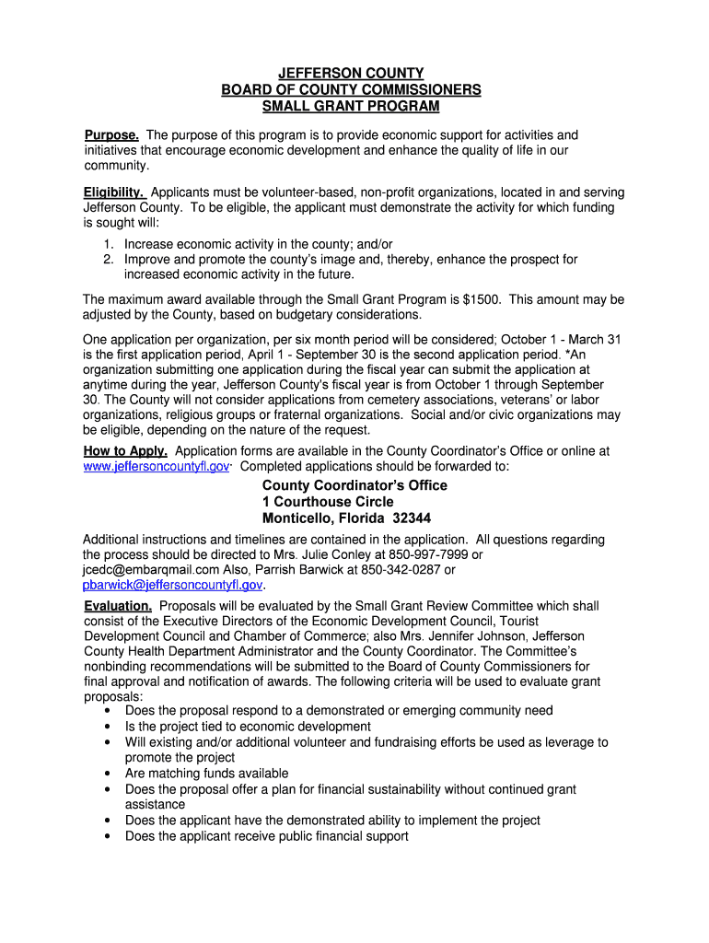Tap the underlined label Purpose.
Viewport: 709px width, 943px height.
[x=111, y=135]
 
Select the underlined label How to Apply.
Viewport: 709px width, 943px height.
[x=125, y=451]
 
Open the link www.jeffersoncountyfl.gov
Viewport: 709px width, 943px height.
[x=156, y=467]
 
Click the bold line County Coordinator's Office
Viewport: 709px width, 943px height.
[x=354, y=485]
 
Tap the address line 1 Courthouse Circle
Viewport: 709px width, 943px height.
[x=328, y=502]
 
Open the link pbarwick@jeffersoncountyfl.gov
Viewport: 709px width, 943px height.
[x=173, y=585]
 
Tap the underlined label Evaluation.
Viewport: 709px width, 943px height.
[x=118, y=606]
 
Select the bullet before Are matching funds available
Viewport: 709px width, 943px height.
[x=110, y=774]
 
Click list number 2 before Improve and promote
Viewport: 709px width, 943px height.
[x=108, y=260]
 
